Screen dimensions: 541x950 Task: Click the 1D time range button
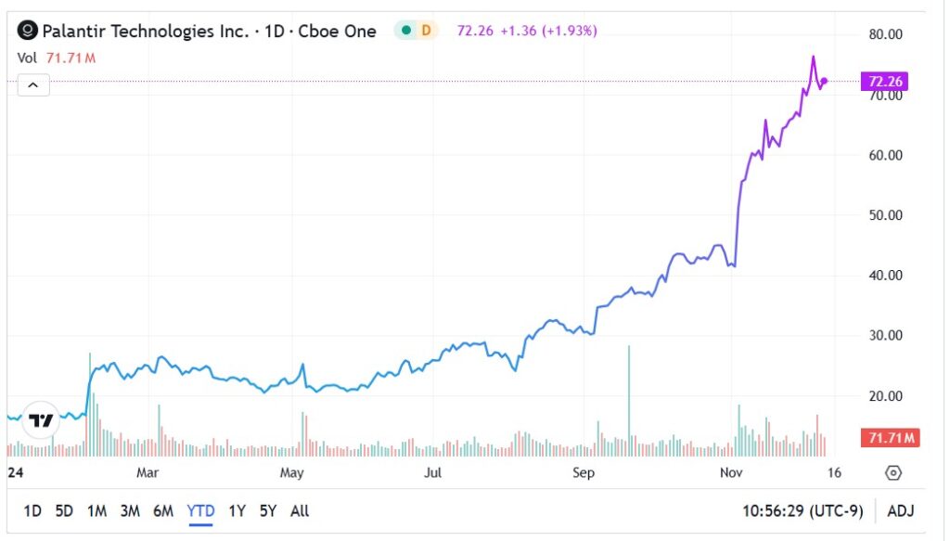tap(32, 510)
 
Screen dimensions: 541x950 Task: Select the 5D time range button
tap(64, 510)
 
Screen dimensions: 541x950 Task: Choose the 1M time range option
tap(96, 510)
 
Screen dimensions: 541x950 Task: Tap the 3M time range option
tap(130, 510)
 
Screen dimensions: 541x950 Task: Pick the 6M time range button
tap(163, 510)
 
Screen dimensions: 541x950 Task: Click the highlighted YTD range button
tap(200, 510)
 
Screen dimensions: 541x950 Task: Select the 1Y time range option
tap(237, 510)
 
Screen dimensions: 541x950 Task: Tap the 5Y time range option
tap(268, 510)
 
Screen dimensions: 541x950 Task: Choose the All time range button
tap(300, 510)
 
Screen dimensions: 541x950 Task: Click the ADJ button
tap(900, 510)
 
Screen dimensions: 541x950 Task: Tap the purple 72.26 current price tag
tap(884, 82)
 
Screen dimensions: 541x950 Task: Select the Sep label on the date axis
tap(583, 473)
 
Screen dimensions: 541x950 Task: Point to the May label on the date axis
tap(292, 473)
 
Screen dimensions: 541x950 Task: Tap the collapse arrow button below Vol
tap(32, 85)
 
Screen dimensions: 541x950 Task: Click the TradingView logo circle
tap(41, 421)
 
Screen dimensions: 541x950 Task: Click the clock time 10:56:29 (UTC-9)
tap(802, 510)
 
